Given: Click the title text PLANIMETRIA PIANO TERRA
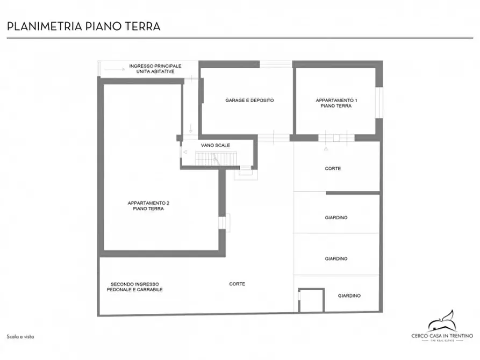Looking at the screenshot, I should (83, 26).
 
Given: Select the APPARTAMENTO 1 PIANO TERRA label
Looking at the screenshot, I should (336, 103).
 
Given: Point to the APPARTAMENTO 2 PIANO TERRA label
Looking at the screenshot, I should (148, 206).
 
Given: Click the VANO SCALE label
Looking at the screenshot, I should (216, 146).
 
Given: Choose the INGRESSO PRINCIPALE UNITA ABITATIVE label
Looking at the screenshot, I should (155, 68).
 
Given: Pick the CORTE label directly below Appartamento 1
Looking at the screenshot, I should (333, 169).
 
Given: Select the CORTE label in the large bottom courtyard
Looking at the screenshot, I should (237, 284).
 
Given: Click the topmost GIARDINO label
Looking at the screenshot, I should (336, 218).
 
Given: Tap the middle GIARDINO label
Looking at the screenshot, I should (336, 258).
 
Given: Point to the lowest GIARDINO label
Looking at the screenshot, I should (349, 296).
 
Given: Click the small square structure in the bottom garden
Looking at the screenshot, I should (311, 300).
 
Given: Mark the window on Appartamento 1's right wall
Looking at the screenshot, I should (380, 102).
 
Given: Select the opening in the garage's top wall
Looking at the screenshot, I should (276, 64).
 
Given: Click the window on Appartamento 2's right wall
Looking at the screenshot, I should (223, 222).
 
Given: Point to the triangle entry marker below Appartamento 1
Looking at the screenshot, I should (325, 149).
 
